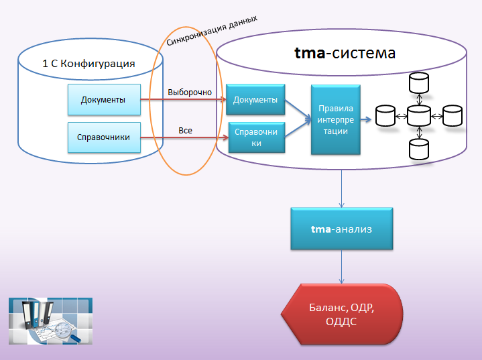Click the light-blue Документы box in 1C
[104, 100]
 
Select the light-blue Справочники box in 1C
[104, 137]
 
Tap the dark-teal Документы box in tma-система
[255, 99]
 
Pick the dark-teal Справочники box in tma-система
[257, 137]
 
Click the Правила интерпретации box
[336, 119]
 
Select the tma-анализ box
[341, 229]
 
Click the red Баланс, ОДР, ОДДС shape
[341, 314]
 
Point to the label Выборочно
[190, 93]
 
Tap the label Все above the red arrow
[186, 130]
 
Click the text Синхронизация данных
[212, 31]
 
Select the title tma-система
[345, 53]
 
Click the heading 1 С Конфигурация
[88, 63]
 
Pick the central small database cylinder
[419, 116]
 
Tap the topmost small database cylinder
[419, 82]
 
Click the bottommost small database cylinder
[419, 149]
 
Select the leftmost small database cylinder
[385, 116]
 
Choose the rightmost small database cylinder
[453, 116]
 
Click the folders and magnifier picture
[50, 321]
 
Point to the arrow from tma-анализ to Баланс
[341, 266]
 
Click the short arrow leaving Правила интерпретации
[366, 119]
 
